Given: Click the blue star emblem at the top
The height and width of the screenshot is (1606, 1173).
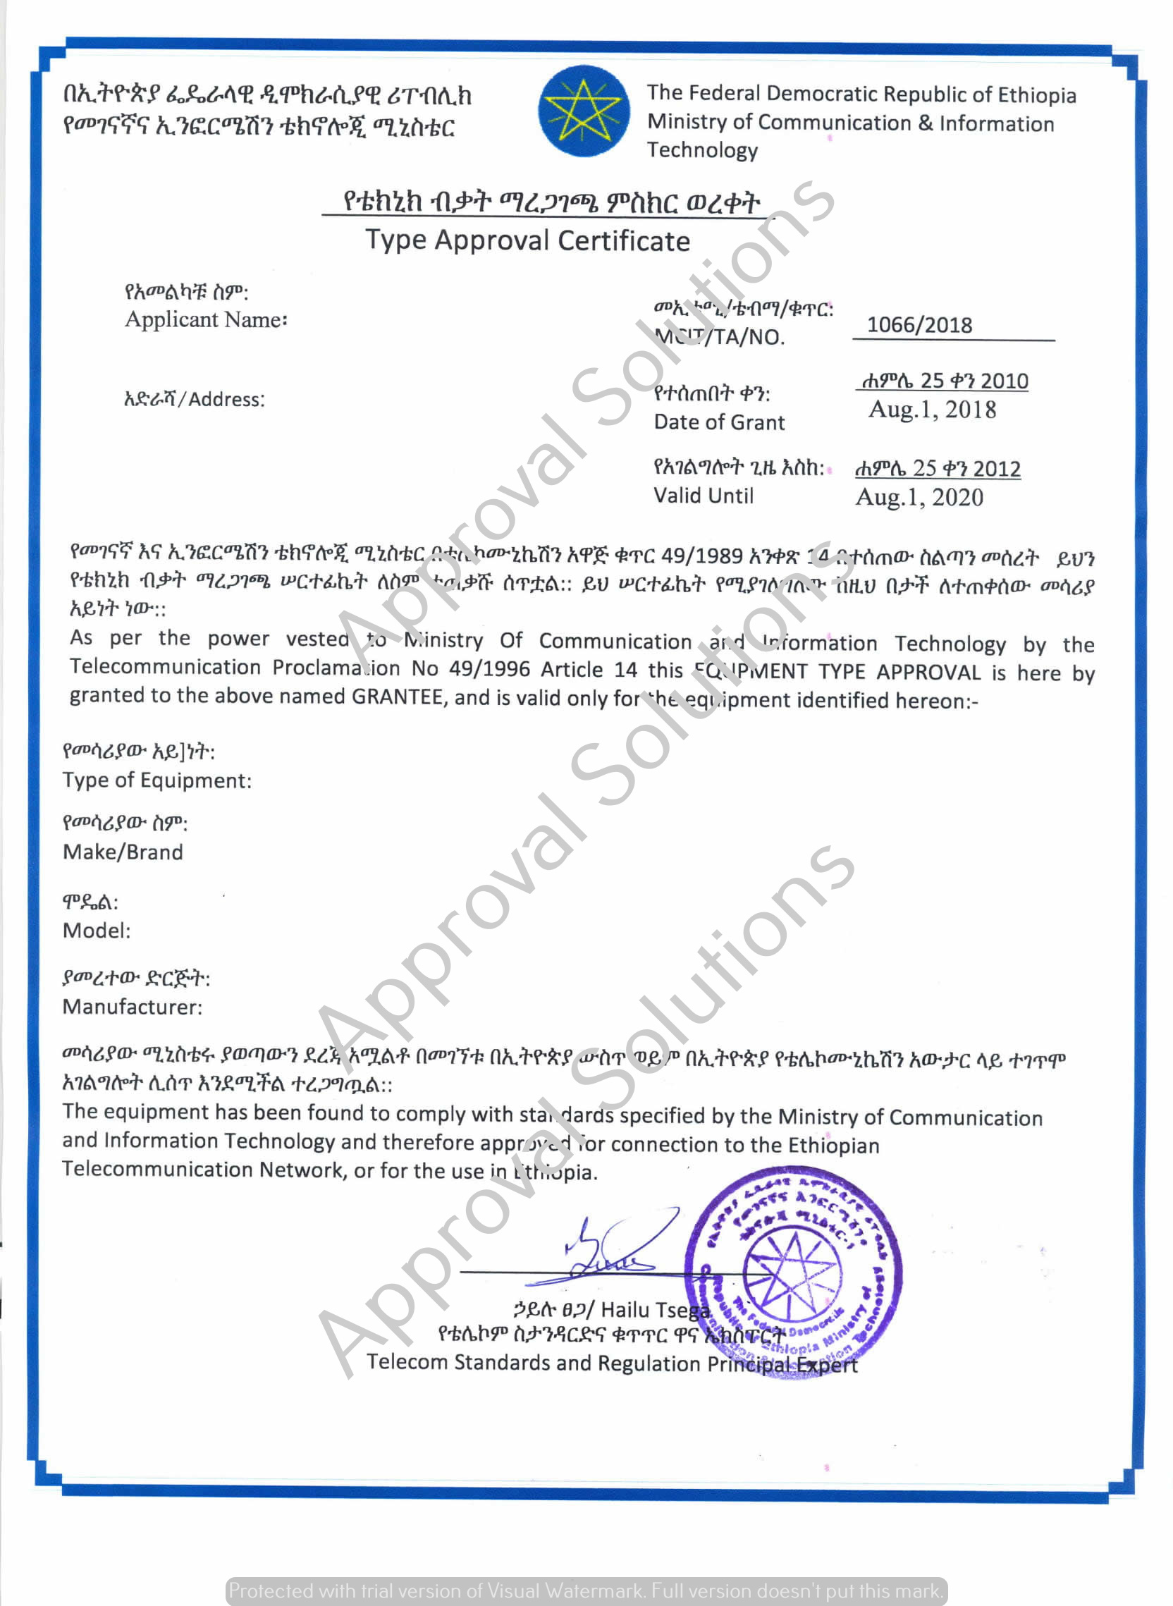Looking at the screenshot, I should point(584,111).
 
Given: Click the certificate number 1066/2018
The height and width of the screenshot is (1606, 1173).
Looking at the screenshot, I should point(919,325).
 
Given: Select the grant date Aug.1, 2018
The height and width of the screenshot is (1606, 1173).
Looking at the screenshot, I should point(932,410).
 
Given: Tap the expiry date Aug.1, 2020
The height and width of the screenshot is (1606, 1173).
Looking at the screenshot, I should point(919,497).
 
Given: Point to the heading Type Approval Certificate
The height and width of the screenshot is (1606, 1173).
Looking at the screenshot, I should point(527,240).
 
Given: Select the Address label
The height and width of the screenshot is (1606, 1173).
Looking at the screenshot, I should point(194,399).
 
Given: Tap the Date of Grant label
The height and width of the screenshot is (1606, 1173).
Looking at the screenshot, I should point(718,422).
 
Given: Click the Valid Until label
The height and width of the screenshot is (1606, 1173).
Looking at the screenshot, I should point(703,496).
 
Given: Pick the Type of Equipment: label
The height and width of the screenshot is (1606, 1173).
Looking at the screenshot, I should point(157,780).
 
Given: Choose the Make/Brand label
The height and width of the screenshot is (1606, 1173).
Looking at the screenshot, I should point(123,852).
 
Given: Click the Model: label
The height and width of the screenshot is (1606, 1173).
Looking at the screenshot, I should point(97,930).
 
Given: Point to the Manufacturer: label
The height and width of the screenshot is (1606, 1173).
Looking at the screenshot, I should point(132,1007).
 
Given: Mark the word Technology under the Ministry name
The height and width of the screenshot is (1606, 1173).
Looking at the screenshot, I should point(701,150).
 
